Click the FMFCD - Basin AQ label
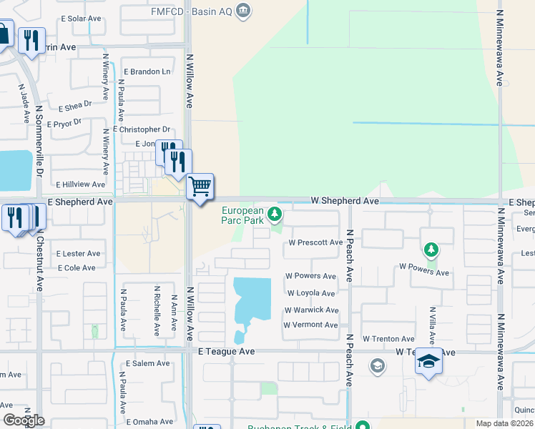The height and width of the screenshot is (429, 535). pyautogui.click(x=192, y=11)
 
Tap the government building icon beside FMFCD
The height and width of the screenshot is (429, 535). pyautogui.click(x=243, y=10)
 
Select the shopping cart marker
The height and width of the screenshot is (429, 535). pyautogui.click(x=200, y=187)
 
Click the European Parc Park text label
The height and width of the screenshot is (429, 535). pyautogui.click(x=242, y=215)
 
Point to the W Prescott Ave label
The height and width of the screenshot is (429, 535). pyautogui.click(x=315, y=242)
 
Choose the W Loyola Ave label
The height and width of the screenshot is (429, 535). pyautogui.click(x=311, y=293)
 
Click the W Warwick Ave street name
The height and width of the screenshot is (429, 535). pyautogui.click(x=311, y=310)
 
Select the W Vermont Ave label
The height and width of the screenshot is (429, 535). pyautogui.click(x=310, y=325)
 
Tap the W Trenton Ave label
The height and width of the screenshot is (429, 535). pyautogui.click(x=388, y=339)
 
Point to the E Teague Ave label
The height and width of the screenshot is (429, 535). pyautogui.click(x=226, y=352)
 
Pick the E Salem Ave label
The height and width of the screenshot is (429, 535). pyautogui.click(x=147, y=363)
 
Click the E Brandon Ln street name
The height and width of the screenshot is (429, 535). pyautogui.click(x=147, y=71)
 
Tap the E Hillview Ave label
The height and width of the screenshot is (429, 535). pyautogui.click(x=81, y=184)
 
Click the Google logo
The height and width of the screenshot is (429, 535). pyautogui.click(x=24, y=420)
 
